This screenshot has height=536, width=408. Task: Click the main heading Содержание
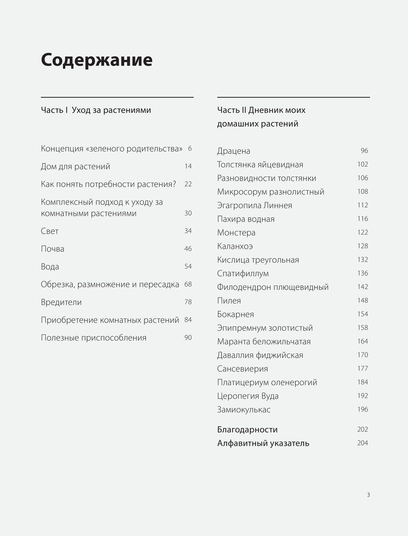tap(97, 60)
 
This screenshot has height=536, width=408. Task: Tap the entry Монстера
tap(236, 233)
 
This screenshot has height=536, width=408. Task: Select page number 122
tap(362, 232)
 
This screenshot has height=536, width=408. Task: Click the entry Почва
tap(53, 249)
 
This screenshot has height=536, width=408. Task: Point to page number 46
tap(188, 248)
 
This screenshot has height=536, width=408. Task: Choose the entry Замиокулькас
tap(244, 409)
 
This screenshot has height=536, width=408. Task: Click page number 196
tap(362, 409)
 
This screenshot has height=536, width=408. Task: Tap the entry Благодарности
tap(247, 429)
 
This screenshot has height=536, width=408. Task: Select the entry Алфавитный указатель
tap(263, 443)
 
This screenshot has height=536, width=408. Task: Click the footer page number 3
tap(368, 495)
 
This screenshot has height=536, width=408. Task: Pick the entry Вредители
tap(61, 302)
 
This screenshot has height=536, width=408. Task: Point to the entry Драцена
tap(233, 151)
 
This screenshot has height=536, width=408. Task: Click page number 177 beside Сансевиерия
tap(362, 368)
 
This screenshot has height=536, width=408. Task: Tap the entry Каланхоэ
tap(235, 246)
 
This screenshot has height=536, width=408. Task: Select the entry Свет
tap(50, 231)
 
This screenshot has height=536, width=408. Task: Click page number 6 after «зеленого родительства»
tap(190, 148)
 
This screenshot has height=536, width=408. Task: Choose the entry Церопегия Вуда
tap(248, 396)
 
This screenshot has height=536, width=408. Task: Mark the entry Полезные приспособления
tap(93, 338)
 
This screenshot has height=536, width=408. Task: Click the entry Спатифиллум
tap(243, 273)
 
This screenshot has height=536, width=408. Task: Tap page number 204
tap(362, 443)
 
